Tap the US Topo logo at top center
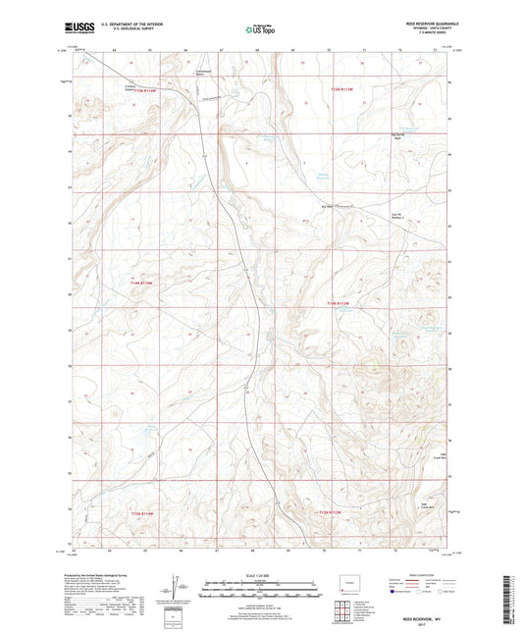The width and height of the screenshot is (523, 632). (x=260, y=30)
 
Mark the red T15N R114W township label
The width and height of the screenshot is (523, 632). (x=144, y=91)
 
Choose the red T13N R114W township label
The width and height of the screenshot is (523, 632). (x=142, y=513)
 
